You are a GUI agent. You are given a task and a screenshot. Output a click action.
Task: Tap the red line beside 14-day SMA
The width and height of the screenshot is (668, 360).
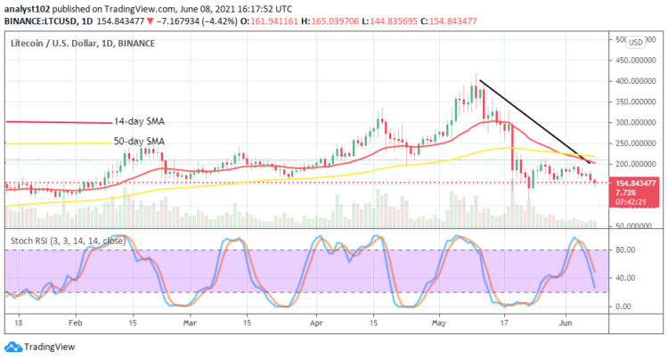[x=58, y=122]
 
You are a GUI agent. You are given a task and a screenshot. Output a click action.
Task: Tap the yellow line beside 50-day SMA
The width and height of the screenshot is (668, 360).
[x=58, y=143]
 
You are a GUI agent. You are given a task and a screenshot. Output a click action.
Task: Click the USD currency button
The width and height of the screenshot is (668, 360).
[x=636, y=42]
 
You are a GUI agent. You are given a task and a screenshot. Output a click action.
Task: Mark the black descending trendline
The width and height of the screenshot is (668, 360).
[x=534, y=121]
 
